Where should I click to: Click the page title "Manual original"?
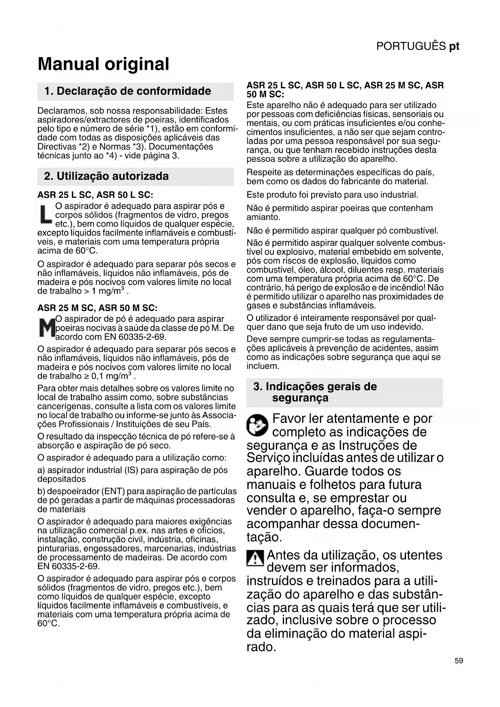click(x=104, y=64)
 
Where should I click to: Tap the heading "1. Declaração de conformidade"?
click(x=128, y=91)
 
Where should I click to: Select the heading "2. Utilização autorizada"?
click(x=106, y=176)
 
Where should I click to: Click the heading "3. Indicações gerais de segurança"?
click(x=315, y=392)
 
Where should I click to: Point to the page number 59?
click(x=459, y=661)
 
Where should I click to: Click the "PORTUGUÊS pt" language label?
click(x=417, y=46)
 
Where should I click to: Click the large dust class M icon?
click(x=46, y=328)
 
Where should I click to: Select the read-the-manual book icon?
click(x=257, y=425)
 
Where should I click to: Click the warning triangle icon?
click(x=255, y=558)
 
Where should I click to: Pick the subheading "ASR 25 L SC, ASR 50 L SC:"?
click(x=95, y=195)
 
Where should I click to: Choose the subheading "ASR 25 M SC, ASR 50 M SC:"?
click(x=97, y=308)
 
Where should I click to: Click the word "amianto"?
click(x=262, y=217)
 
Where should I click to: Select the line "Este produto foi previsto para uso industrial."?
click(x=332, y=195)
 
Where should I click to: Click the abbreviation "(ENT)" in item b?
click(x=104, y=491)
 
